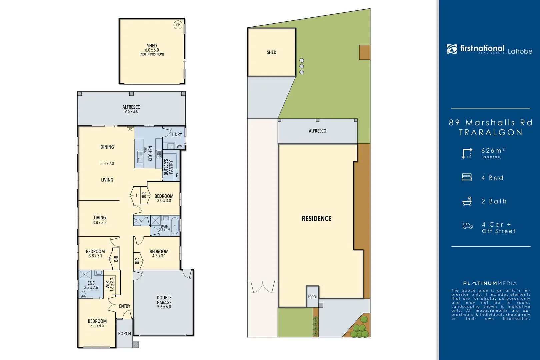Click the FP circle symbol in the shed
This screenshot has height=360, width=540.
point(178,25)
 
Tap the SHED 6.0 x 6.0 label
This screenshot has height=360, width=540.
point(152,49)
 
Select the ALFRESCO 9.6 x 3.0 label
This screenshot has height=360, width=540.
point(131,109)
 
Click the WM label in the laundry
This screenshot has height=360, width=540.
point(180,146)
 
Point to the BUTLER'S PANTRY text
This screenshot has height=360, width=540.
point(168,167)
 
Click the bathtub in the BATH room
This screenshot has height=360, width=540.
point(175,226)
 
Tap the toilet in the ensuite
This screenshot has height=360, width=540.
point(84,294)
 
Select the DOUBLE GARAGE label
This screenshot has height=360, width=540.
point(164,302)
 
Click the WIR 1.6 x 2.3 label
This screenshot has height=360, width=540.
point(110,284)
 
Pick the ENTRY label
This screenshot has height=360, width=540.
point(125,306)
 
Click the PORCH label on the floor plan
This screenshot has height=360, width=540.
point(124,333)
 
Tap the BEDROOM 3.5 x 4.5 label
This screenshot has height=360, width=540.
point(97,323)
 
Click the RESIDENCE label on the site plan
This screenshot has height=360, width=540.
point(316,219)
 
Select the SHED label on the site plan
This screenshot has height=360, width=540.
point(271,52)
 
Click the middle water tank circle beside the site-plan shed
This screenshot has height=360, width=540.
point(302,66)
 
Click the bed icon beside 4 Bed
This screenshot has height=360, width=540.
point(467,177)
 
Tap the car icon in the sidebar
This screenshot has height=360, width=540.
point(467,226)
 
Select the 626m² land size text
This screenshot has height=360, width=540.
point(493,151)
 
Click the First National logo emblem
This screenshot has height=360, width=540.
point(452,49)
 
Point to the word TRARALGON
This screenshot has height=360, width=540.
point(491,132)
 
